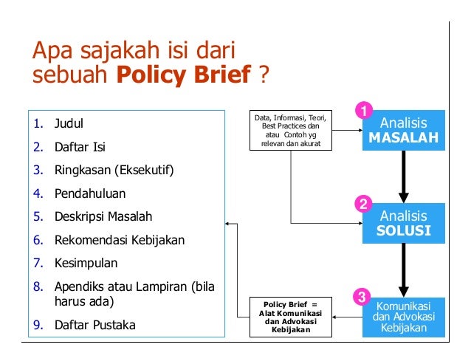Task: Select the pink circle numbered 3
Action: coord(362,298)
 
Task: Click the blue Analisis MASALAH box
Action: coord(403,131)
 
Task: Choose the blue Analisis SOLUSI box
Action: coord(403,224)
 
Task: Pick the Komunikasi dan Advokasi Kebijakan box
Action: coord(403,317)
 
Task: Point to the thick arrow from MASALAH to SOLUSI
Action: coord(403,176)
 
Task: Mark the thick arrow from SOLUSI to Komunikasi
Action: coord(403,269)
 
